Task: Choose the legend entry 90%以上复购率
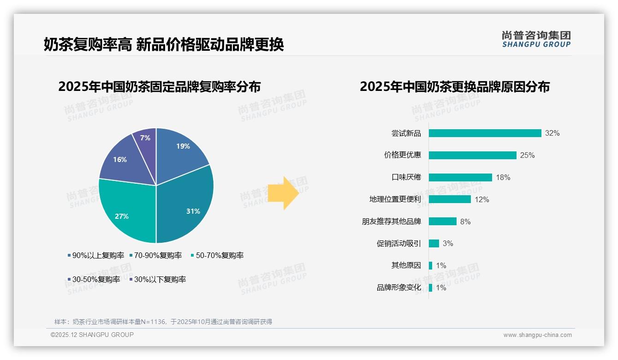point(95,255)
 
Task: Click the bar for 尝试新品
point(485,133)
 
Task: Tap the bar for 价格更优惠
point(472,155)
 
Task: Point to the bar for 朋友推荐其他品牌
point(442,222)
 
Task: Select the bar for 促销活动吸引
point(434,243)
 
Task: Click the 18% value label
point(503,177)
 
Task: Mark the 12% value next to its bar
point(482,199)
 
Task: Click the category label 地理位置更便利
point(395,199)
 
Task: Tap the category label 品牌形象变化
point(398,288)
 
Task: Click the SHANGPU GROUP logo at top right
point(536,39)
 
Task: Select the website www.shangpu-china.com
point(537,335)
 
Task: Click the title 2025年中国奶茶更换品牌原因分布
point(454,87)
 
